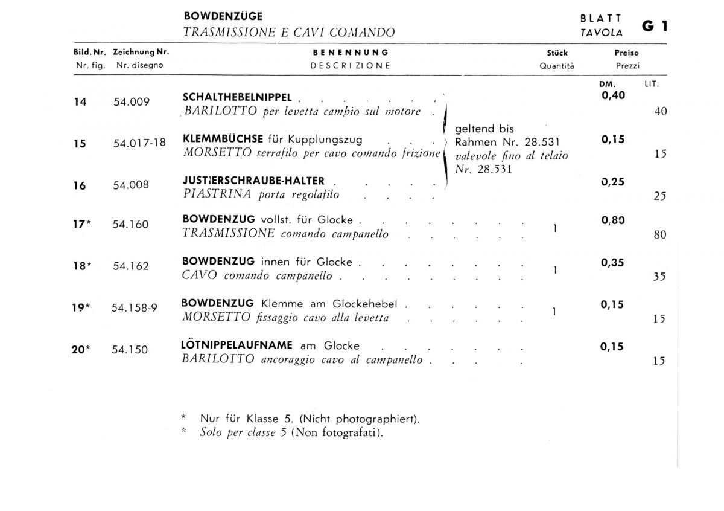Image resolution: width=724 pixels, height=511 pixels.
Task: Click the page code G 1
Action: [654, 27]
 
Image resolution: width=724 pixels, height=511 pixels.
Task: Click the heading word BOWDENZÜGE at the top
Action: [223, 16]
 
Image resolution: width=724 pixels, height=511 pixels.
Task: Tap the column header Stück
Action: [557, 53]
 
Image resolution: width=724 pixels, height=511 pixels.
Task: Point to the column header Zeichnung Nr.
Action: [141, 53]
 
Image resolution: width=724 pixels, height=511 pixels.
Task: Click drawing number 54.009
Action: [132, 102]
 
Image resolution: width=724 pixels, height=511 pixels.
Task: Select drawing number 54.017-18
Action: [139, 144]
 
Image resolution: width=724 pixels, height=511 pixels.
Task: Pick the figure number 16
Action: [80, 186]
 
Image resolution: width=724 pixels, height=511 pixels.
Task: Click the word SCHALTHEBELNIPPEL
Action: [237, 97]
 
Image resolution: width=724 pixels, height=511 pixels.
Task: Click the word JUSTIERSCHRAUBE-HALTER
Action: [253, 181]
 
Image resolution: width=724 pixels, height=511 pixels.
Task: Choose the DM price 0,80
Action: [613, 221]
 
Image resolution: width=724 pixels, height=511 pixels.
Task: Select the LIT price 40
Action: [660, 111]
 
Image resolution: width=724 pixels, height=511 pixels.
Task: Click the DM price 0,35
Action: [613, 263]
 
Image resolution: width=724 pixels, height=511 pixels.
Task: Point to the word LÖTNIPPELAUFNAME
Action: [237, 345]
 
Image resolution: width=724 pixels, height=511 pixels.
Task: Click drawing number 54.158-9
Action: [135, 307]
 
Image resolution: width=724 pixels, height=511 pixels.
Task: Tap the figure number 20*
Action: [81, 349]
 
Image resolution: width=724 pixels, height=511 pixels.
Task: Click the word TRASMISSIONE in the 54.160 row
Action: [229, 234]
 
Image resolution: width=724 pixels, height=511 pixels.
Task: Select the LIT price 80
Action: [660, 235]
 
